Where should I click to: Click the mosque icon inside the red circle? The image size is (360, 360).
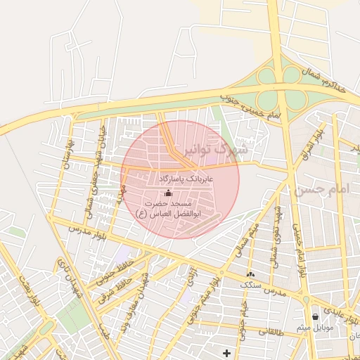(x=167, y=193)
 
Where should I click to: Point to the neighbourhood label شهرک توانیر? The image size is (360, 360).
(x=221, y=150)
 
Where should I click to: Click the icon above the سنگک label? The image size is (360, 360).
(x=250, y=274)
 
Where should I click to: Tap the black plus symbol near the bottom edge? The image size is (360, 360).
(x=226, y=352)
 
